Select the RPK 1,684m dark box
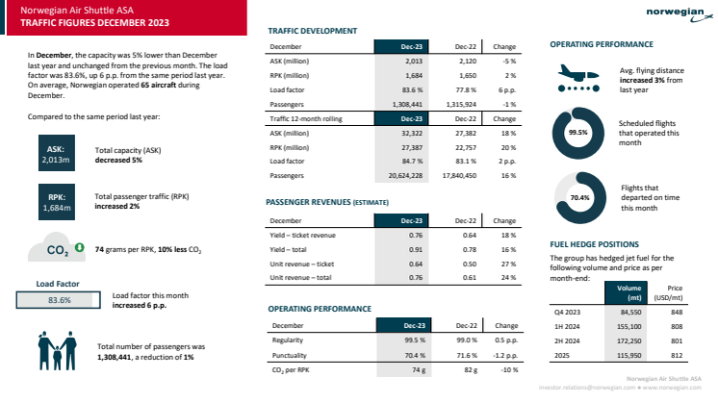point(54,201)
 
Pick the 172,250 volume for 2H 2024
point(628,340)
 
